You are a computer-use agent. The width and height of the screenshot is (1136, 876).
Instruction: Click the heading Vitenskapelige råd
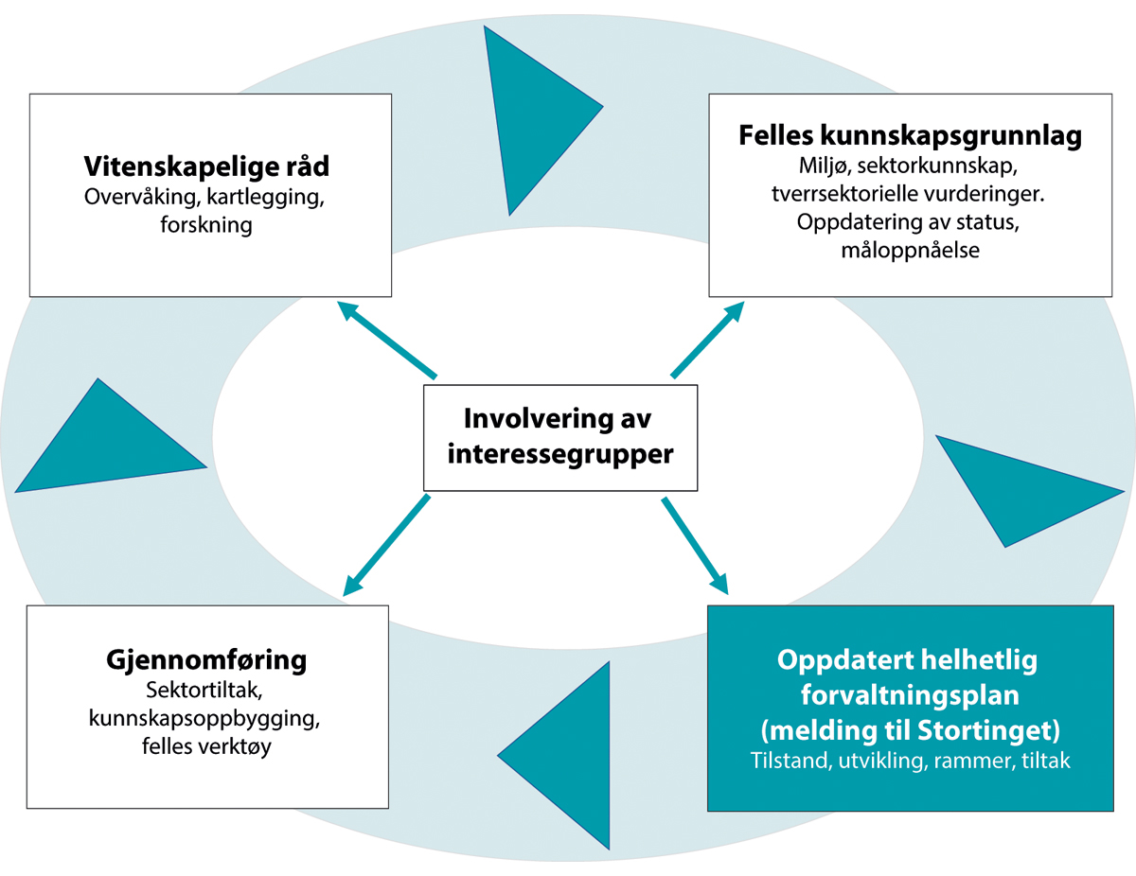click(x=206, y=167)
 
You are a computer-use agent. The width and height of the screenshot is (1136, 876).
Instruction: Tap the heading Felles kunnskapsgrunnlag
click(x=910, y=136)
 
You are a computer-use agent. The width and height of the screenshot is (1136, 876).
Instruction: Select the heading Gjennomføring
click(x=206, y=659)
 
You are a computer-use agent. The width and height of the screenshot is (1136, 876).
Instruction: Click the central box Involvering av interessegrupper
click(x=560, y=436)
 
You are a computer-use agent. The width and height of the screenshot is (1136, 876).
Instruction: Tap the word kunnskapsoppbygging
click(x=206, y=717)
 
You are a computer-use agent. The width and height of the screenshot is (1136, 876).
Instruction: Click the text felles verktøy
click(x=206, y=745)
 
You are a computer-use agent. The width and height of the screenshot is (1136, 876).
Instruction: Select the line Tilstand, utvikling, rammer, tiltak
click(x=910, y=760)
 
